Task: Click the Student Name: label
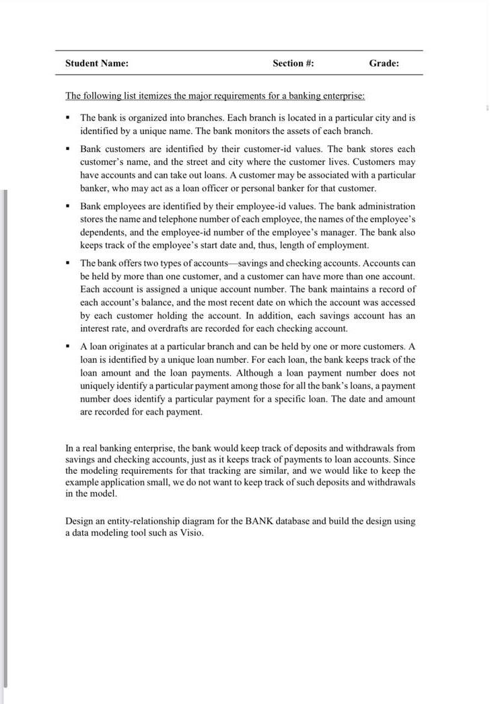(x=96, y=63)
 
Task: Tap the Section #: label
(x=293, y=63)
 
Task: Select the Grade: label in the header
(x=384, y=63)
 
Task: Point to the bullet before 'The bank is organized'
(x=68, y=118)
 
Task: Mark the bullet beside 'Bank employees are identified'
(x=68, y=207)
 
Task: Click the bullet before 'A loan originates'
(x=68, y=347)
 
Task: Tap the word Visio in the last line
(x=190, y=532)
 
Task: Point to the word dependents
(x=102, y=232)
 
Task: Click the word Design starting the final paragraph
(x=79, y=521)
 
